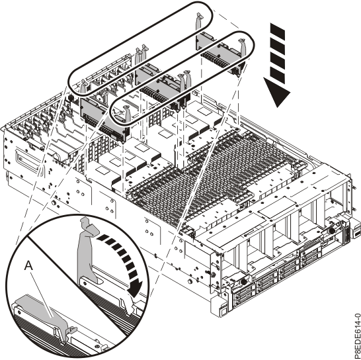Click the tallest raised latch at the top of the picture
200,22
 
